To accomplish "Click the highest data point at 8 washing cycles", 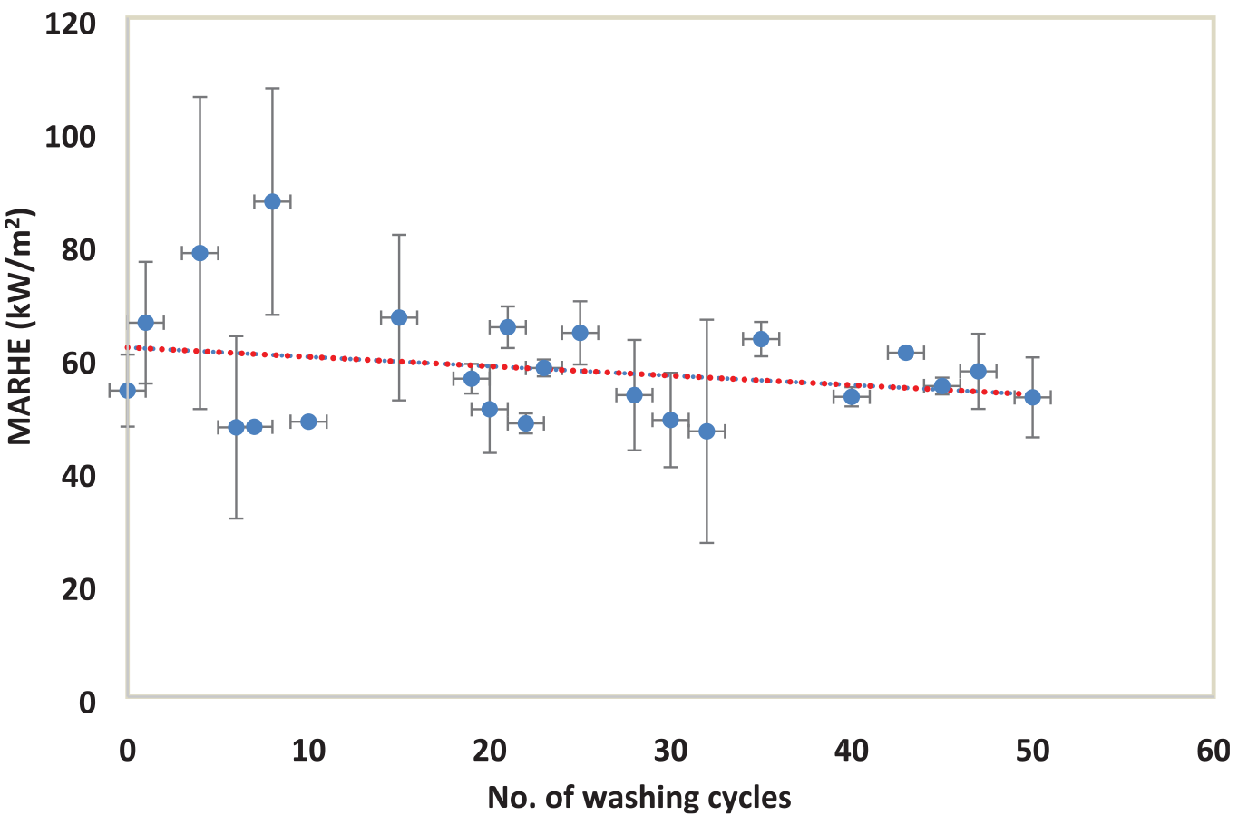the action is click(272, 201).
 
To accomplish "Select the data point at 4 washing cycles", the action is click(200, 253).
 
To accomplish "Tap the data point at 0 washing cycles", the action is click(128, 391).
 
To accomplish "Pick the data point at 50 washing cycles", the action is click(1033, 398).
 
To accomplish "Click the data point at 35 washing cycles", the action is click(761, 339).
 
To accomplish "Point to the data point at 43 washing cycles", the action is click(906, 353).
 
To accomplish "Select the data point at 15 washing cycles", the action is click(399, 317).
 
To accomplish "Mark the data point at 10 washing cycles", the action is click(308, 422).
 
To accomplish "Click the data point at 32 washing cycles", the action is click(707, 432).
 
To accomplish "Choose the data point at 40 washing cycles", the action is click(852, 396).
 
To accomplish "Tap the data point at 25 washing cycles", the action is click(580, 333).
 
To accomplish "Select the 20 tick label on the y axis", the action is click(79, 590).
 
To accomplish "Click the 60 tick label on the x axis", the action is click(1214, 751).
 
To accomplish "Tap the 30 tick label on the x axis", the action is click(671, 751).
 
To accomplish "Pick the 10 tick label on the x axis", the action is click(308, 751).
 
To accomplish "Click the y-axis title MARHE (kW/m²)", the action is click(20, 327).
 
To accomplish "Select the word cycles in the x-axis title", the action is click(749, 799).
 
